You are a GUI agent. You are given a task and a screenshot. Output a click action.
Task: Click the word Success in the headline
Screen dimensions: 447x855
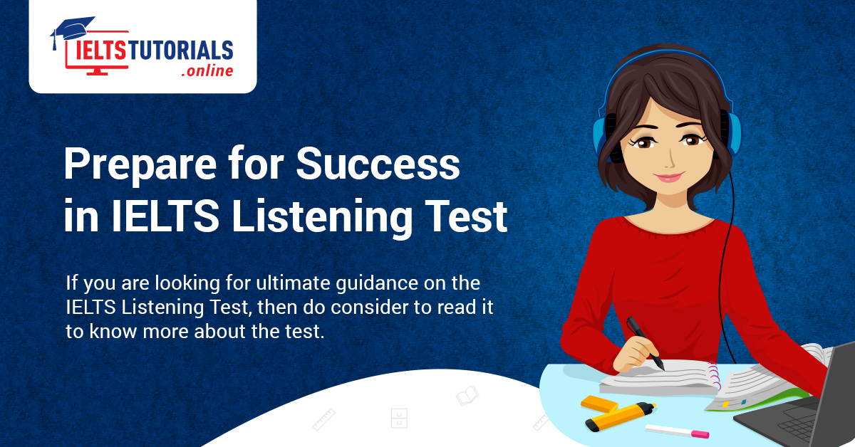pyautogui.click(x=378, y=165)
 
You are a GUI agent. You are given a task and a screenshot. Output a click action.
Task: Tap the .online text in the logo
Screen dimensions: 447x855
pyautogui.click(x=207, y=71)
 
